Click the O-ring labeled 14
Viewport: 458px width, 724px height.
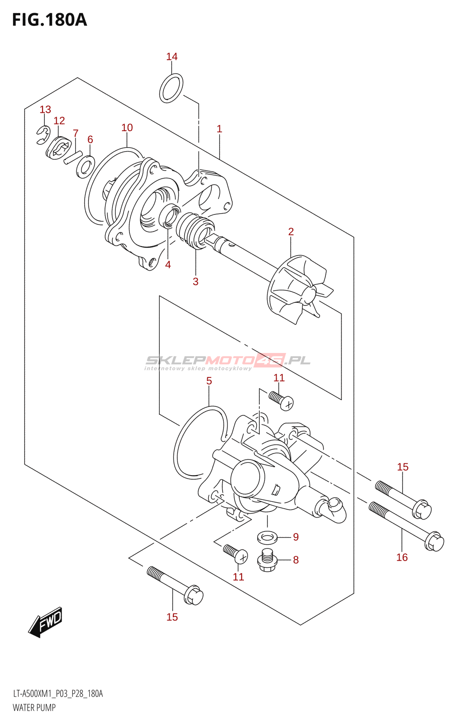172,88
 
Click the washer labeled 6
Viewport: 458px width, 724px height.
86,167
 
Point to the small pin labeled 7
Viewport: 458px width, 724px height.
72,157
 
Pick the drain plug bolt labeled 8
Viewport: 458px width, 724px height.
267,560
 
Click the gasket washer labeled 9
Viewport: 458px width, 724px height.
267,538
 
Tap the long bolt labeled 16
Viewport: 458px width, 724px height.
406,526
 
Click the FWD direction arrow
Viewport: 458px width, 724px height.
45,622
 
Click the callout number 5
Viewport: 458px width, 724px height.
209,381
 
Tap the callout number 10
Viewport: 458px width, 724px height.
127,128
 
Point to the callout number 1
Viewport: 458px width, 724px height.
219,129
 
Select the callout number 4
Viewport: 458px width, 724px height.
168,265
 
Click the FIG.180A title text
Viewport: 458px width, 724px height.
49,20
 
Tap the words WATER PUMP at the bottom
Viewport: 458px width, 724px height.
34,708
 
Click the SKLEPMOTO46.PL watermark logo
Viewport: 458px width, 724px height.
228,361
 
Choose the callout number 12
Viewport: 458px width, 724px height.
59,120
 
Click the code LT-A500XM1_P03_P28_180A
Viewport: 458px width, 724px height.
58,694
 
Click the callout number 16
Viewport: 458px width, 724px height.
402,557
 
